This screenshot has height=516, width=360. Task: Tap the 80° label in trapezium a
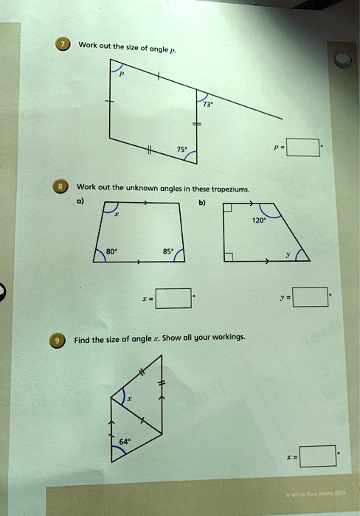111,250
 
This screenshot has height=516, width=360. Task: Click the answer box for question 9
319,457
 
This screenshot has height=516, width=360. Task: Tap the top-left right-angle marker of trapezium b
229,209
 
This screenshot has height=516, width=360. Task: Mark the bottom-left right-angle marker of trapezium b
229,257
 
